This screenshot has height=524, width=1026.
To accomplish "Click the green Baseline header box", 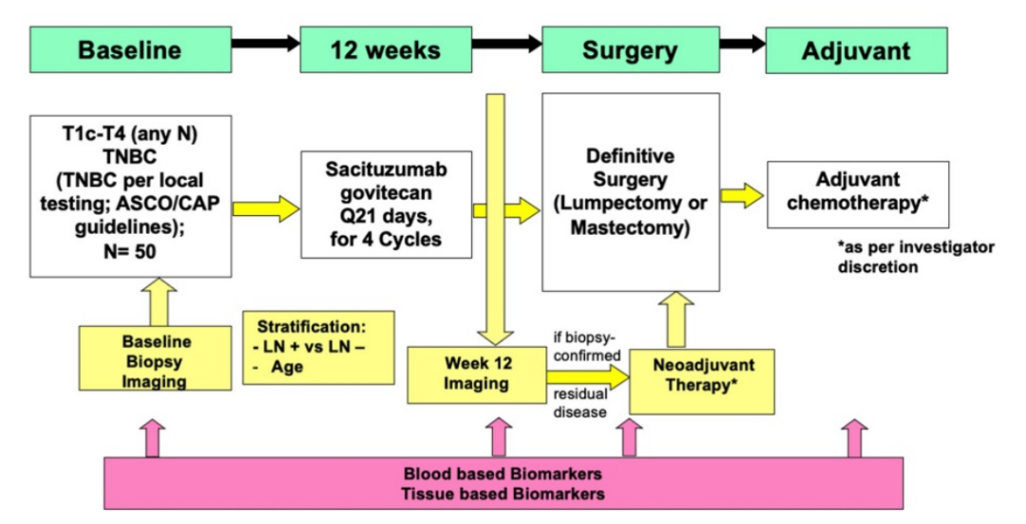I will click(129, 49).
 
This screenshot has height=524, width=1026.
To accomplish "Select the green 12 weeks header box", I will click(386, 49).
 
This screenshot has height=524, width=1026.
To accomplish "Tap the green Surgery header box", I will click(630, 49).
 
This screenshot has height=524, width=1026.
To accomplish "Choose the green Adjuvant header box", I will click(855, 49).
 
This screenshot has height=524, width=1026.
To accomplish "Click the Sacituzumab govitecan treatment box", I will click(386, 204).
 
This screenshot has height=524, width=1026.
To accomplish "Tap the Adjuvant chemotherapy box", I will click(857, 194).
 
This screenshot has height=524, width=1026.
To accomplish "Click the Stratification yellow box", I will click(317, 346).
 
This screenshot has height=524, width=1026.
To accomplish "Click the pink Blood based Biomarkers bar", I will click(503, 483).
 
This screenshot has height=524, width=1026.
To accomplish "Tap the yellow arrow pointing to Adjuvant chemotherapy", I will click(741, 195).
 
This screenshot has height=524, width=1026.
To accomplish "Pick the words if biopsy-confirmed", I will click(585, 346).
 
